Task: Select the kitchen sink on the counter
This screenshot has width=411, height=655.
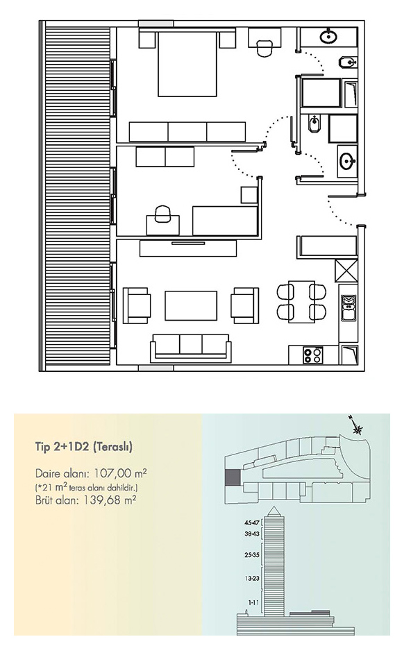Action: tap(349, 308)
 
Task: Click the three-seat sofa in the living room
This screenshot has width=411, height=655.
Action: tap(191, 348)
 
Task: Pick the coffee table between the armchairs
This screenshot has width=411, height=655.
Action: tap(191, 306)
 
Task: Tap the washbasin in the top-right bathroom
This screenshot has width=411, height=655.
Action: tap(328, 37)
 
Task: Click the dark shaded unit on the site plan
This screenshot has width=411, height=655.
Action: tap(233, 477)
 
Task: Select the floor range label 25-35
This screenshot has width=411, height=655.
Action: tap(253, 555)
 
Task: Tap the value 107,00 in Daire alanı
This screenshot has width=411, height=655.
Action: tap(113, 474)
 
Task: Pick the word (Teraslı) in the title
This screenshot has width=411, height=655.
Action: tap(112, 448)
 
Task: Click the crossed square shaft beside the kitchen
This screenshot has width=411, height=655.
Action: tap(346, 271)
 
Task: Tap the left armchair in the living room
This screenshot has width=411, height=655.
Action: tap(136, 305)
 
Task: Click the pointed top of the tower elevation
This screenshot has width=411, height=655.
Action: tap(274, 507)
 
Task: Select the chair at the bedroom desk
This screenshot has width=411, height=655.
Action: tap(264, 48)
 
